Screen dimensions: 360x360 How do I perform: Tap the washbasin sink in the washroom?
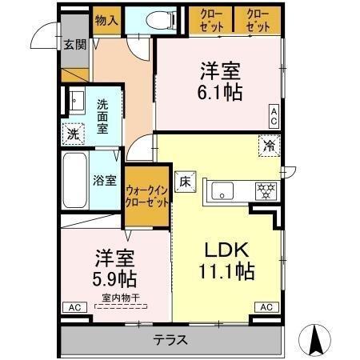(76, 102)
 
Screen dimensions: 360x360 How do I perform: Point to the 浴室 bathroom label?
(105, 180)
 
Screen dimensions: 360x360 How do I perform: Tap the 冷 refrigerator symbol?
(270, 146)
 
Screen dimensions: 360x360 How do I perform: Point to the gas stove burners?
(264, 190)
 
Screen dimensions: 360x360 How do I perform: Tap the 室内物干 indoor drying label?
(116, 298)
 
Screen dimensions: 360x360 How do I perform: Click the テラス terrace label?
(170, 339)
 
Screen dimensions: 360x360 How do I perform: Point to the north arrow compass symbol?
(317, 339)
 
